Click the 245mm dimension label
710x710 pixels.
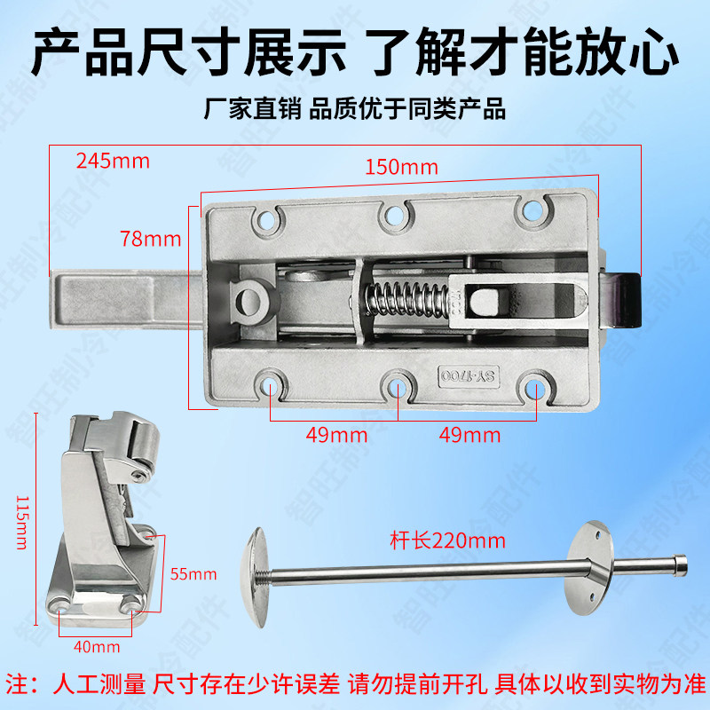(x=113, y=161)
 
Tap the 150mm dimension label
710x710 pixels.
(x=402, y=167)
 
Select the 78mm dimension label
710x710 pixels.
(x=150, y=239)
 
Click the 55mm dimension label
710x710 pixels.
(x=193, y=574)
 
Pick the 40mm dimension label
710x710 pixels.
(x=97, y=647)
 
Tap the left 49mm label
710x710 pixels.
(x=336, y=435)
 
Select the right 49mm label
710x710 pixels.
(x=469, y=435)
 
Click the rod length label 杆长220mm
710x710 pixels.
(x=447, y=540)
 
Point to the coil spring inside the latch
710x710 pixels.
(x=406, y=298)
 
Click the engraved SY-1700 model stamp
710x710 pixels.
(x=469, y=376)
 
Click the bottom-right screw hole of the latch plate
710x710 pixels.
(x=535, y=389)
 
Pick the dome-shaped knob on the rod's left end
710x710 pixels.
(x=255, y=578)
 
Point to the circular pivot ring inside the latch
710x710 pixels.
(x=251, y=301)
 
